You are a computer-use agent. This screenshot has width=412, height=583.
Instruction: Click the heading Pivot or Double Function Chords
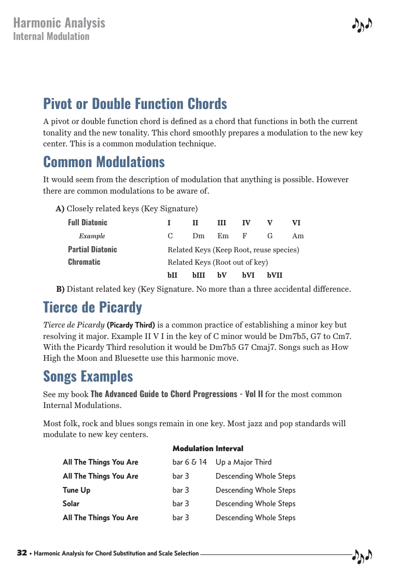(135, 104)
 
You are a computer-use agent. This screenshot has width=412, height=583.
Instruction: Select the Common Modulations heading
(104, 162)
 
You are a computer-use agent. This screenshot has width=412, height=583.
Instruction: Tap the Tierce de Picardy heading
(92, 307)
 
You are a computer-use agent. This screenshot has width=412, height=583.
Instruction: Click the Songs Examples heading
(88, 376)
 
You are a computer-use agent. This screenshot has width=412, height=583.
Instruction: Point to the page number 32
(22, 553)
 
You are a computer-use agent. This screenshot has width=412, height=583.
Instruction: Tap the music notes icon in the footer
(362, 555)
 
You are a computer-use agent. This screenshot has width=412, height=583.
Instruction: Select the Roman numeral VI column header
(296, 223)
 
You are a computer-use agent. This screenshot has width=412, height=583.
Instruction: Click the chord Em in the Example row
(223, 236)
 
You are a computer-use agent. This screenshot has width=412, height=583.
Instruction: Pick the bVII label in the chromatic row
(275, 275)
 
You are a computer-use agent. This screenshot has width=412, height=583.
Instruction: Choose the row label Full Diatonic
(88, 222)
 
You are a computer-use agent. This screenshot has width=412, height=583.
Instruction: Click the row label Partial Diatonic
(92, 249)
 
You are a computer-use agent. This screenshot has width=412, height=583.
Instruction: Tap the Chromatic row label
(84, 262)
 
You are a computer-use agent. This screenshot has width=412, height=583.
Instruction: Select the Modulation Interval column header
(208, 448)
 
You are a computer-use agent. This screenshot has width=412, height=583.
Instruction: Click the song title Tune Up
(76, 490)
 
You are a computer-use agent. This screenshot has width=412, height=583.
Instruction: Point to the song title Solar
(71, 504)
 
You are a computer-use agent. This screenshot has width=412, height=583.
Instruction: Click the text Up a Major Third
(243, 462)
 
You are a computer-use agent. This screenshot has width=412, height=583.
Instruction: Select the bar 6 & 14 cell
(189, 462)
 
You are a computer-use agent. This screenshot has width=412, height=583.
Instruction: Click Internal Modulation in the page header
(51, 36)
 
